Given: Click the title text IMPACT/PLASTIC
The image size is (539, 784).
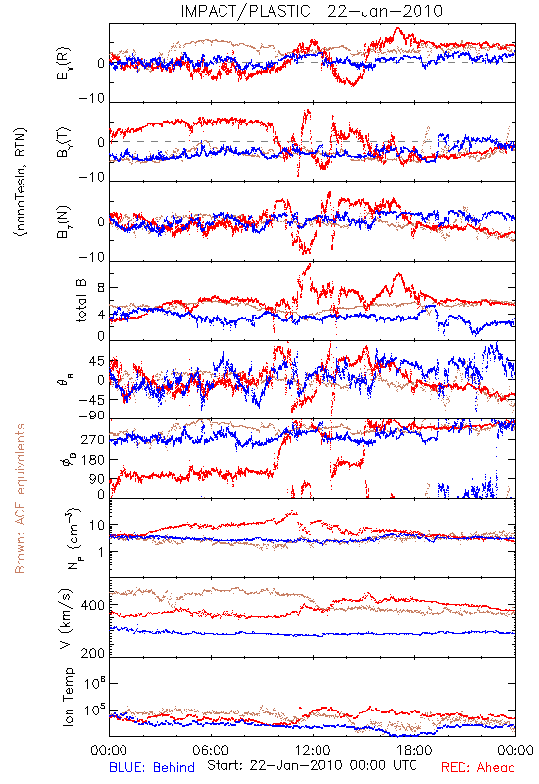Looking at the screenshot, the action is coord(245,11).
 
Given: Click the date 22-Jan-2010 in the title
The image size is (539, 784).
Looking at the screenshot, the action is coord(385,11).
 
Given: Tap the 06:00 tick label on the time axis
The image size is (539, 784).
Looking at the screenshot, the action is coord(211,750).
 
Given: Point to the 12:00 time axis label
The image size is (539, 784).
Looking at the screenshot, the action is coord(313,750).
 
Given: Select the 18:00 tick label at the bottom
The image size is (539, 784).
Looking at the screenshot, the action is coord(414,750).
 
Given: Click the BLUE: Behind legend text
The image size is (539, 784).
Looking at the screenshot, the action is coord(152,767).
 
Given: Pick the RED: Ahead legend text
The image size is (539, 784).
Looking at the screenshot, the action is coord(478,767).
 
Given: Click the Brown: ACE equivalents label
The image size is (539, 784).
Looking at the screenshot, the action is coord(20,499).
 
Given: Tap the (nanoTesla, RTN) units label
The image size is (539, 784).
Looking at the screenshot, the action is coord(21,182).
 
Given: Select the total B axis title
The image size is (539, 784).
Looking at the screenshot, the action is coord(81,300).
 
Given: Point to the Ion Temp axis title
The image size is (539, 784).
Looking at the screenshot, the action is coord(68,697).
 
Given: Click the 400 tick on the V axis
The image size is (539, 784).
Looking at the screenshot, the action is coord(93,605).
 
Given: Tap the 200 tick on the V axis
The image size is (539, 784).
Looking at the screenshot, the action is coord(93,653).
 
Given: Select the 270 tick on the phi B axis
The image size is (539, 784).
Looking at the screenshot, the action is coord(93,439).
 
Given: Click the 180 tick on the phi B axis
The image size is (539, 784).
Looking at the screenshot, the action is coord(93,460).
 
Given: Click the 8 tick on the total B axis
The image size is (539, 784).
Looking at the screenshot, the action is coord(101,288).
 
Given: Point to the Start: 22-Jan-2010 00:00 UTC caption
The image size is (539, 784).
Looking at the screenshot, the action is coord(312,765).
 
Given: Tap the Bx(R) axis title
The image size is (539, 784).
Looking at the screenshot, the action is coord(64,64).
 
